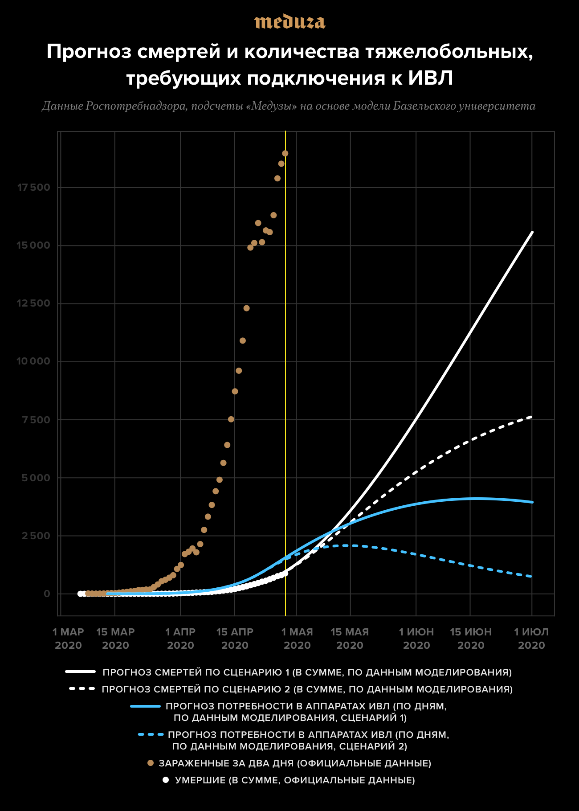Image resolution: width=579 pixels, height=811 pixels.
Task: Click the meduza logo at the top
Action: [x=289, y=22]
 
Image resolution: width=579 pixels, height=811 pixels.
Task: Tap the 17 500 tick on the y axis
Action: [x=34, y=188]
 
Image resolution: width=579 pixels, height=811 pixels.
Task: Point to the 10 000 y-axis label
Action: [x=34, y=361]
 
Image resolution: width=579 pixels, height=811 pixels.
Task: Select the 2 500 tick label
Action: [x=36, y=536]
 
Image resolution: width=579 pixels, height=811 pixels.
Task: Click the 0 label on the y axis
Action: [x=47, y=594]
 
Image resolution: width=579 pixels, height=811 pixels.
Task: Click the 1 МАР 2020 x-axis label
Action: [x=68, y=639]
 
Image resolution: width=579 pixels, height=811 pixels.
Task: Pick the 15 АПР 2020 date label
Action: [x=235, y=639]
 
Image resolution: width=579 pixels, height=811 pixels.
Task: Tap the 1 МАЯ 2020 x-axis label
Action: [x=297, y=639]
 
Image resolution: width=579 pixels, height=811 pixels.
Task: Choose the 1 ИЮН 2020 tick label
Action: [x=416, y=639]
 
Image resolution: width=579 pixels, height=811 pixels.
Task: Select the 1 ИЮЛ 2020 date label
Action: [x=531, y=639]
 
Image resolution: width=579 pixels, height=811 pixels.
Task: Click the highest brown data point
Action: [x=285, y=153]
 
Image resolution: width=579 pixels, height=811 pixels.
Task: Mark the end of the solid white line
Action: [x=532, y=232]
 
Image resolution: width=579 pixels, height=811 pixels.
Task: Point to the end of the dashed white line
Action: [x=532, y=417]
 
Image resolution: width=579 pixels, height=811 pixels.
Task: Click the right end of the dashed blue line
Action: [x=532, y=577]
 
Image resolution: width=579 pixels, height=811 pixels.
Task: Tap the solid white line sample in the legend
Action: [x=81, y=672]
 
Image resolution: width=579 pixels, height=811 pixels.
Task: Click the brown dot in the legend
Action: [x=151, y=763]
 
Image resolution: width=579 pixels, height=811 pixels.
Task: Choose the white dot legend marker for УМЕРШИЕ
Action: [x=166, y=780]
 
